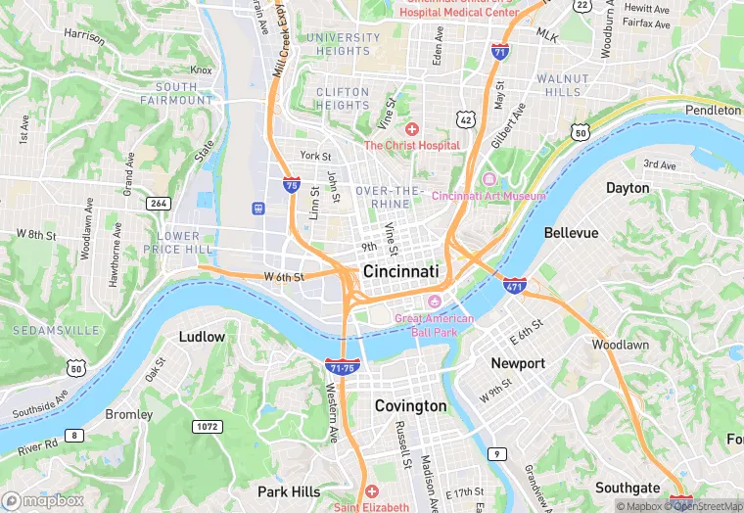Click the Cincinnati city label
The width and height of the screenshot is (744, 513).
(x=400, y=270)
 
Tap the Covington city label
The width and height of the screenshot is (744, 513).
(x=410, y=405)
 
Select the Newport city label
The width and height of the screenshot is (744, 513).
(x=517, y=363)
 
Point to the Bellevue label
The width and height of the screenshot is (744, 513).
(x=570, y=233)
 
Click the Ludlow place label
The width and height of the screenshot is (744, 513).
(x=202, y=337)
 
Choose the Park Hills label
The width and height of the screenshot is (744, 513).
(x=289, y=490)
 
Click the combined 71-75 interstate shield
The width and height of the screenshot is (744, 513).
(x=342, y=367)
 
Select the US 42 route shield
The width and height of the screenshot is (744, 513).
(x=465, y=118)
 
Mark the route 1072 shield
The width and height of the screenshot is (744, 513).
(x=207, y=427)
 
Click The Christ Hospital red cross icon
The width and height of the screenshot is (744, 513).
(x=412, y=129)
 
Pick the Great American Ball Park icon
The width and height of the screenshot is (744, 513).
(x=438, y=301)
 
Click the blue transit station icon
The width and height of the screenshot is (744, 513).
(x=259, y=208)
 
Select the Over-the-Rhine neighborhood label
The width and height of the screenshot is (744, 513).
(x=389, y=197)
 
